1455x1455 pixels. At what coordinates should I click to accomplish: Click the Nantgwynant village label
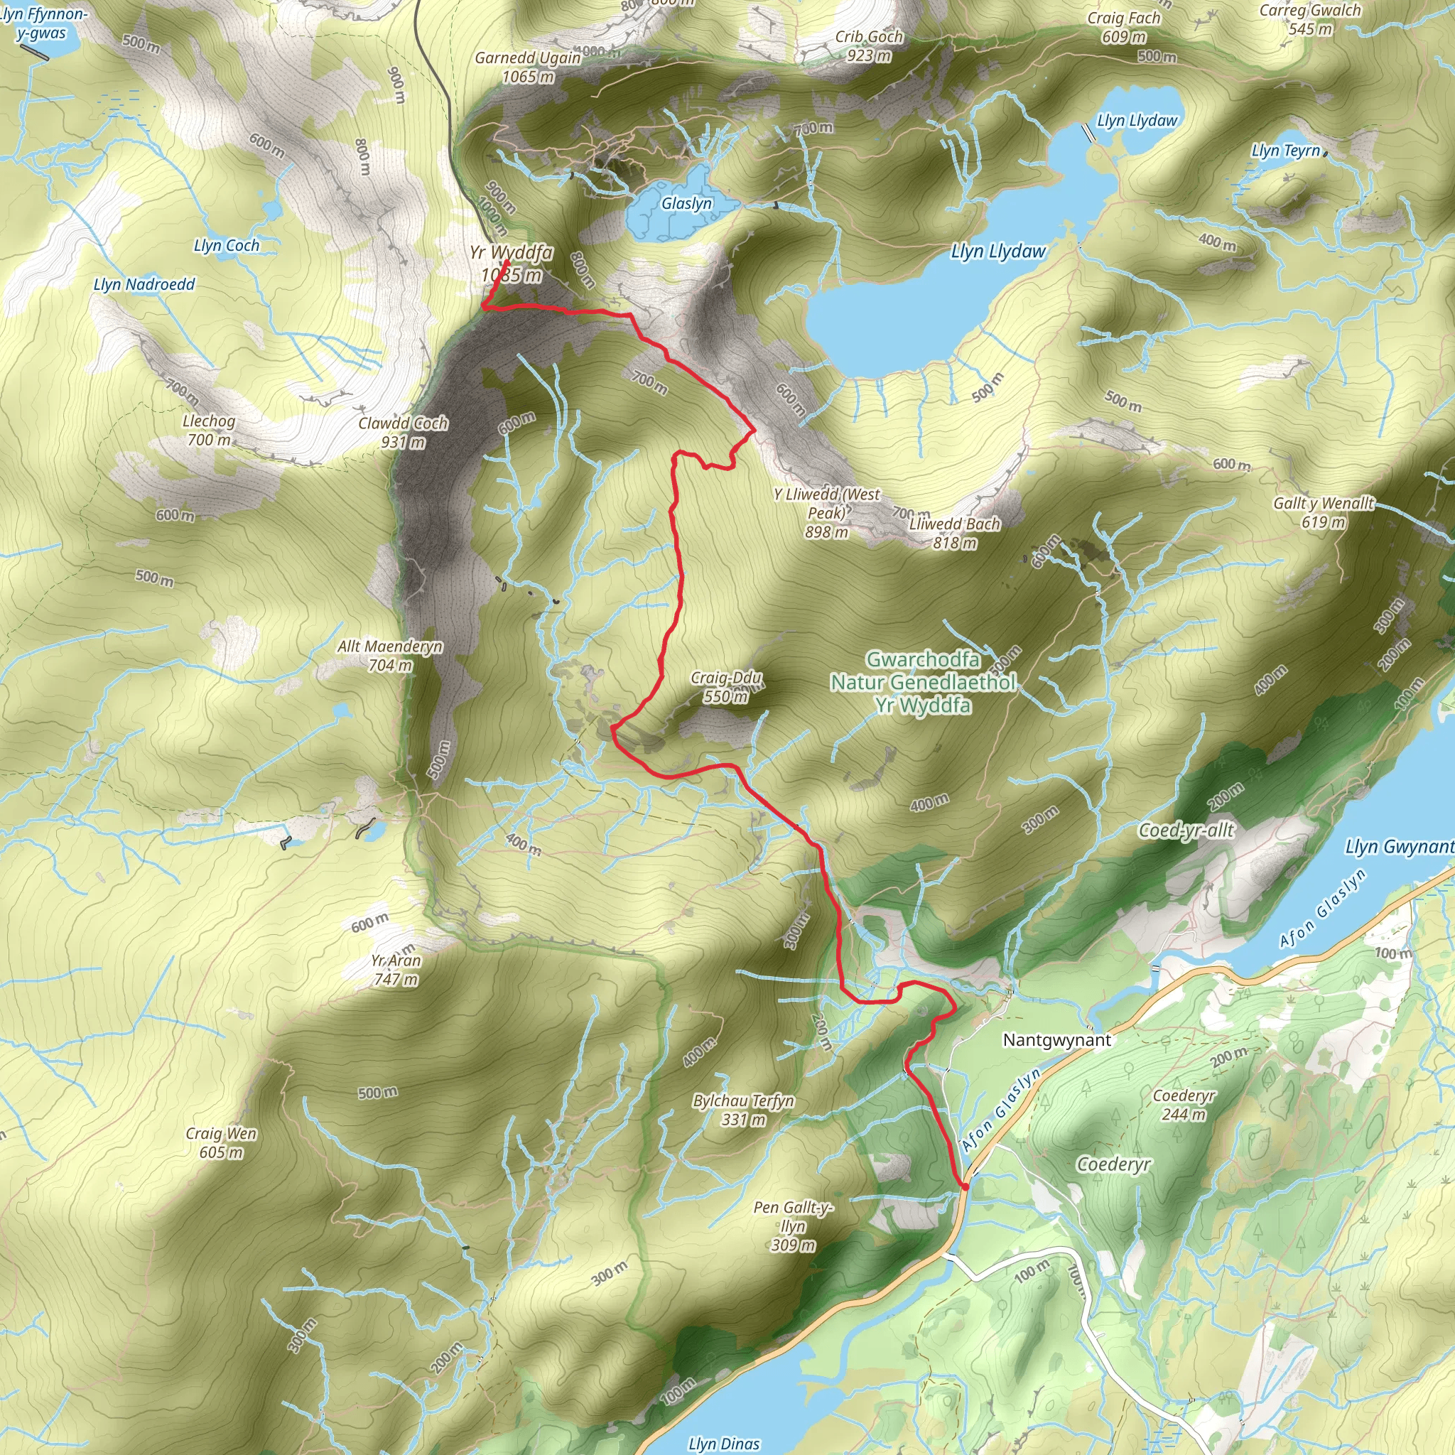1056,1040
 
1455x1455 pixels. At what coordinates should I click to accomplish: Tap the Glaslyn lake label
686,203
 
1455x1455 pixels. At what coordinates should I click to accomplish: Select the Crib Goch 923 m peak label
868,46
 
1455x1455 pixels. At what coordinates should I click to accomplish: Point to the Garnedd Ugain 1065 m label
527,67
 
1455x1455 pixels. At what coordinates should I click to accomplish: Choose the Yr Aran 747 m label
396,970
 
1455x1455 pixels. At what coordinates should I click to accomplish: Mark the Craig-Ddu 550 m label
726,687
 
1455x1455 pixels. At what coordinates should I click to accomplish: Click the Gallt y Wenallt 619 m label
1323,512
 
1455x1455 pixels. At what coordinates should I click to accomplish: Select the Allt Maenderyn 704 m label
389,655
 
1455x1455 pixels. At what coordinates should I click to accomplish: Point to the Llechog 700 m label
209,430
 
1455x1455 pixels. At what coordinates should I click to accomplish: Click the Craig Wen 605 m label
222,1142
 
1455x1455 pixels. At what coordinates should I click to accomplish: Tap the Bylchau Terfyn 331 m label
743,1110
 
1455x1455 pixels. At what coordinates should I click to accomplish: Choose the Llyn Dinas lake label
724,1443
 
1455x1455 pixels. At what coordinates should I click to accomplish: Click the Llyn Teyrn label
1285,151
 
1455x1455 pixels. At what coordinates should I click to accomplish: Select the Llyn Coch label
226,246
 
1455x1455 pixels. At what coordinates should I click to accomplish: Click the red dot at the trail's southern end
965,1187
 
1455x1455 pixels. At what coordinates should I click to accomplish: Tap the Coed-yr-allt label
1186,830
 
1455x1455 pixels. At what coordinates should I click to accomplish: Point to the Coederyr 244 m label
1184,1105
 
